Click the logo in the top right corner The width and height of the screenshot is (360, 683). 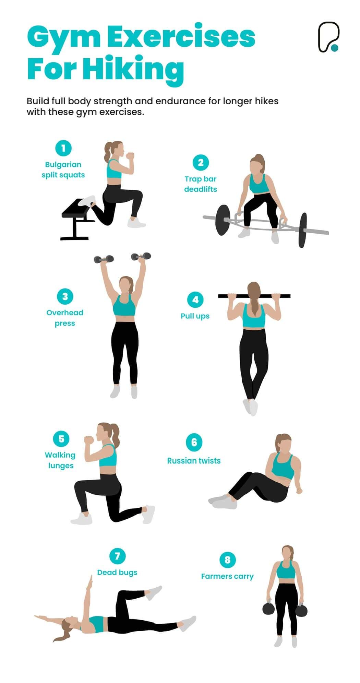point(328,37)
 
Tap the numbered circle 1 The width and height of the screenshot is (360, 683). point(63,148)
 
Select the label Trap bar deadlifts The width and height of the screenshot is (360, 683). point(201,184)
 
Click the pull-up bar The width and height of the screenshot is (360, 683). point(254,296)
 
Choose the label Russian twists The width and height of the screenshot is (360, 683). point(194,460)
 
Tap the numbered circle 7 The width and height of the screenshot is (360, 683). point(117,556)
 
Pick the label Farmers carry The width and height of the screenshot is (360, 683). point(227,576)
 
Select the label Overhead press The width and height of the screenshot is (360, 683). point(65,318)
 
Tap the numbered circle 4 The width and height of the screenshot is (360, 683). point(195,300)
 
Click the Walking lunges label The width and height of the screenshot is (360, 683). point(60,460)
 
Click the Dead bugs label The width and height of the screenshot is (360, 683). point(117,572)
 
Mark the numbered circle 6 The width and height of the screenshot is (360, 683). point(194,442)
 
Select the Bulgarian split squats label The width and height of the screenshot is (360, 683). point(63,169)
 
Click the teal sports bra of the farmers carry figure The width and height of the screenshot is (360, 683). point(286,570)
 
